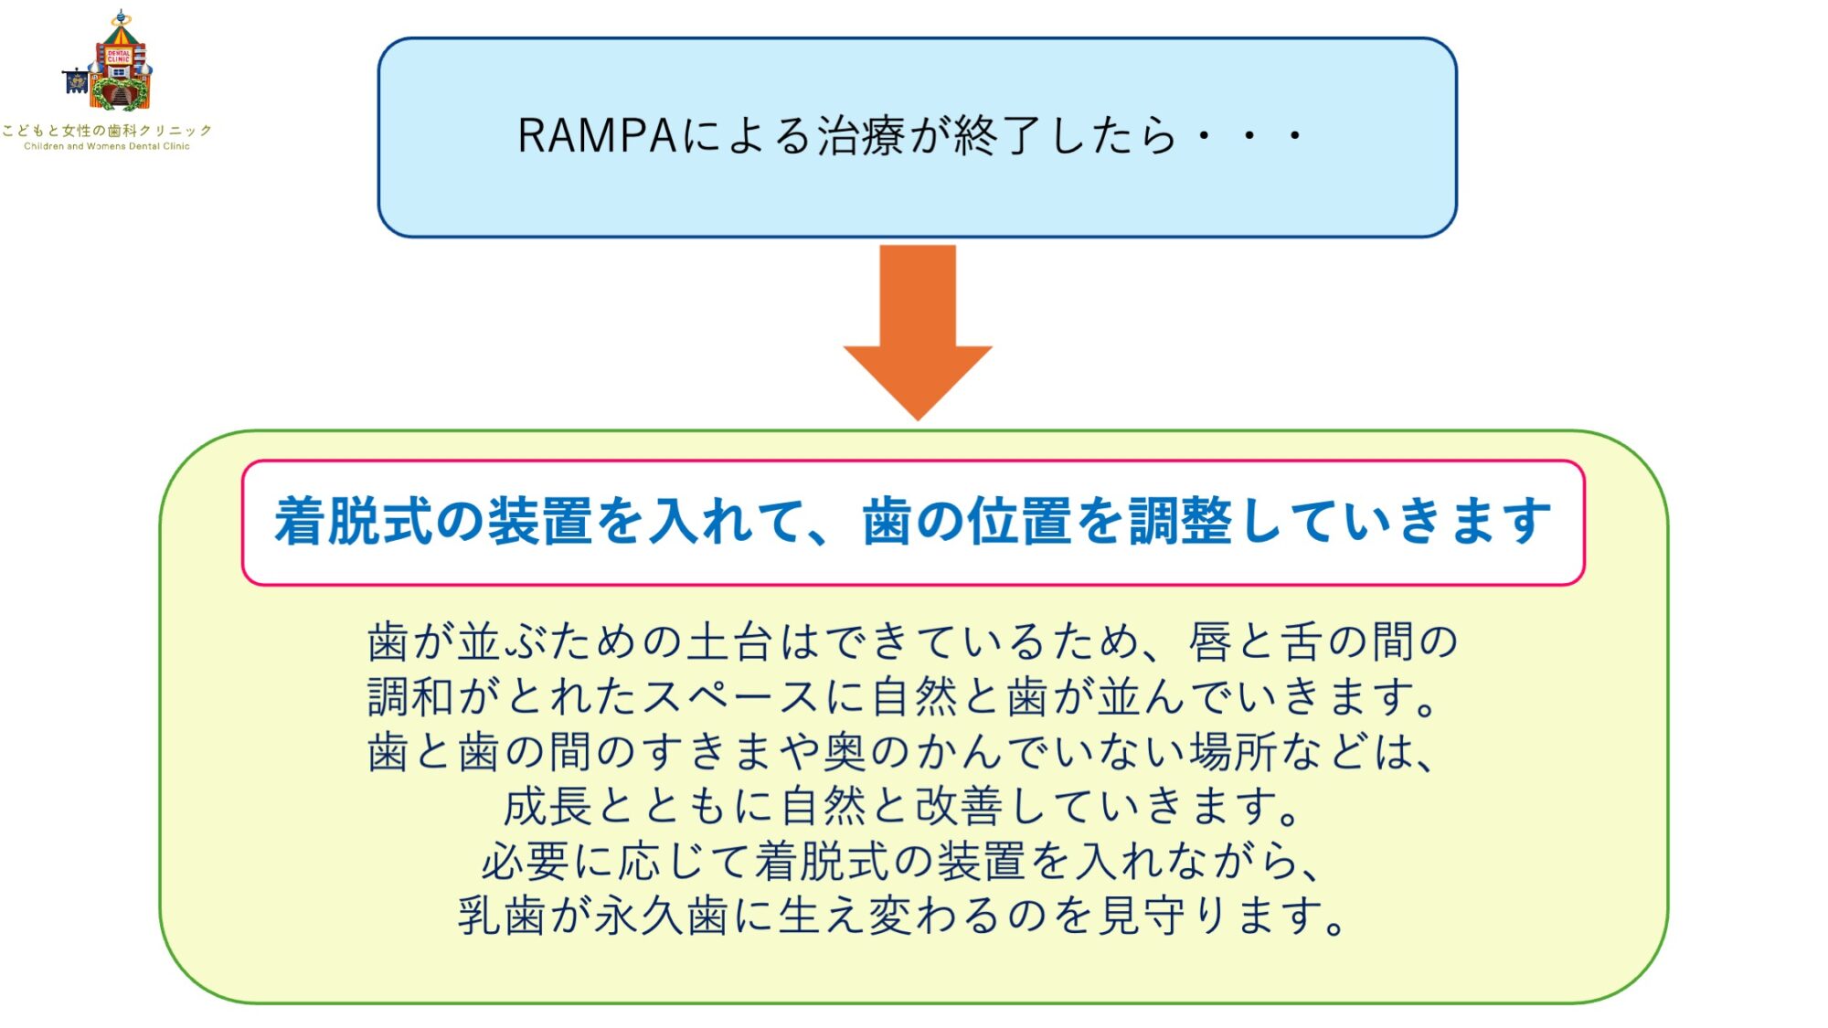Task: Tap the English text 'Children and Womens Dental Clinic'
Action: pos(107,146)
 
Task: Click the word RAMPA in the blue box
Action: pos(597,136)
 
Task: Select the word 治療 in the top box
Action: pos(861,136)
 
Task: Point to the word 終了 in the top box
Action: pos(997,136)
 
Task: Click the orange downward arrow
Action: pos(918,333)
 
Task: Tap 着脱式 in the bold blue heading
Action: pos(354,522)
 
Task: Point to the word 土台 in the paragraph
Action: pos(731,641)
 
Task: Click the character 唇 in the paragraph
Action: pos(1210,641)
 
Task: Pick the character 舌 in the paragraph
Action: pos(1302,641)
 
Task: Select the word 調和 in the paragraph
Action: pos(411,697)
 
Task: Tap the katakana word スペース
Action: pos(731,697)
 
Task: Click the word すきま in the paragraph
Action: pos(708,752)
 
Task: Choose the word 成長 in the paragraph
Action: pos(548,807)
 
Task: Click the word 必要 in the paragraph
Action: pos(526,862)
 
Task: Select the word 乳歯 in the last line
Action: pos(503,917)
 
